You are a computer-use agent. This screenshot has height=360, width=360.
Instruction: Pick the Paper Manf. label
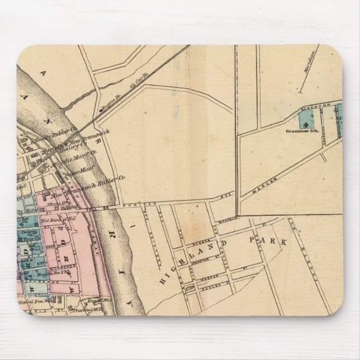point(75,173)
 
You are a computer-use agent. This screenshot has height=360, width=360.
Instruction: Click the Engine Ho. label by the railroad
point(107,105)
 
